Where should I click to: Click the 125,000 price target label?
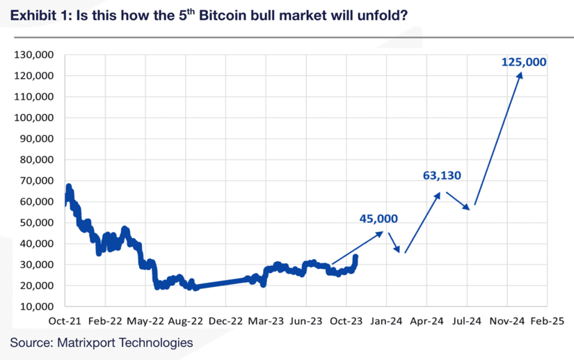tap(524, 62)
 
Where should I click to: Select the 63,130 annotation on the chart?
tap(443, 175)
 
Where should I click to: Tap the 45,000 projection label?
tap(378, 219)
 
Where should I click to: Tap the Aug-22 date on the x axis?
tap(185, 322)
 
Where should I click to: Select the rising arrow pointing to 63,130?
tap(423, 221)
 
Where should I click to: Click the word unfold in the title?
tap(384, 15)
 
